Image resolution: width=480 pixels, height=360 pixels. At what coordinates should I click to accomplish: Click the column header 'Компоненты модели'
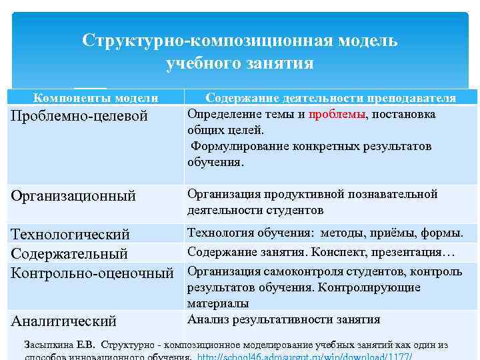[x=96, y=99]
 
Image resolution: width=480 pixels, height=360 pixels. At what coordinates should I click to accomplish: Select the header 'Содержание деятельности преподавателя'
[x=331, y=99]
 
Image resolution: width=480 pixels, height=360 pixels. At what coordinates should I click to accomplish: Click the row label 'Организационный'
[x=73, y=196]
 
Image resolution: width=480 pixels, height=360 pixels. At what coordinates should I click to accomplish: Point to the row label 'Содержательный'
[x=69, y=253]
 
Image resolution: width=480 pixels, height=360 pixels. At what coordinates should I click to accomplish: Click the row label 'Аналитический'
[x=64, y=321]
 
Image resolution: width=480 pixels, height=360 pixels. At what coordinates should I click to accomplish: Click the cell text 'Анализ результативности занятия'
[x=283, y=319]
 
